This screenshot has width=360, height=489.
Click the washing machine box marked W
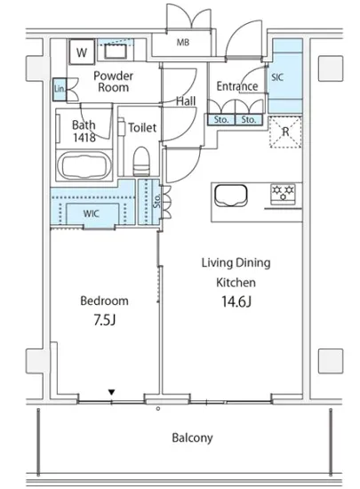pos(82,52)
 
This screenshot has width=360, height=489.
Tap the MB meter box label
pos(183,42)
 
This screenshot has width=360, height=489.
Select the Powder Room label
pos(113,82)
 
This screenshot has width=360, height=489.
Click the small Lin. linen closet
pos(60,90)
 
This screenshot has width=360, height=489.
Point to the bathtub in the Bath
pos(84,165)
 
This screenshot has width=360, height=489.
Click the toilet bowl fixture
pos(140,162)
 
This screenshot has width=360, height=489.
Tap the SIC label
pos(277,77)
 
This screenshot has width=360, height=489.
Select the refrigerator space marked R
pos(285,132)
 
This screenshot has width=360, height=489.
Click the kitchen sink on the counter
pos(231,196)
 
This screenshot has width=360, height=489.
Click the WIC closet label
pos(91,214)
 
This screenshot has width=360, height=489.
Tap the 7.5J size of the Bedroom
pos(105,320)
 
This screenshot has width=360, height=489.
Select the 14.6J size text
pos(236,301)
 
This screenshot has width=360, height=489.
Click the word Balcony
pos(192,437)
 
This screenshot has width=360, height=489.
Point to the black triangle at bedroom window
pos(111,392)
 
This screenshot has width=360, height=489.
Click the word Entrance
pos(237,86)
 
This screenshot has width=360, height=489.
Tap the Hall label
pos(186,101)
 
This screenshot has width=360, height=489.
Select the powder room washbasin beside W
pos(116,52)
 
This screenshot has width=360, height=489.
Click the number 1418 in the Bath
pos(84,137)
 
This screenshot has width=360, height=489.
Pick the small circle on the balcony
pos(158,409)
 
